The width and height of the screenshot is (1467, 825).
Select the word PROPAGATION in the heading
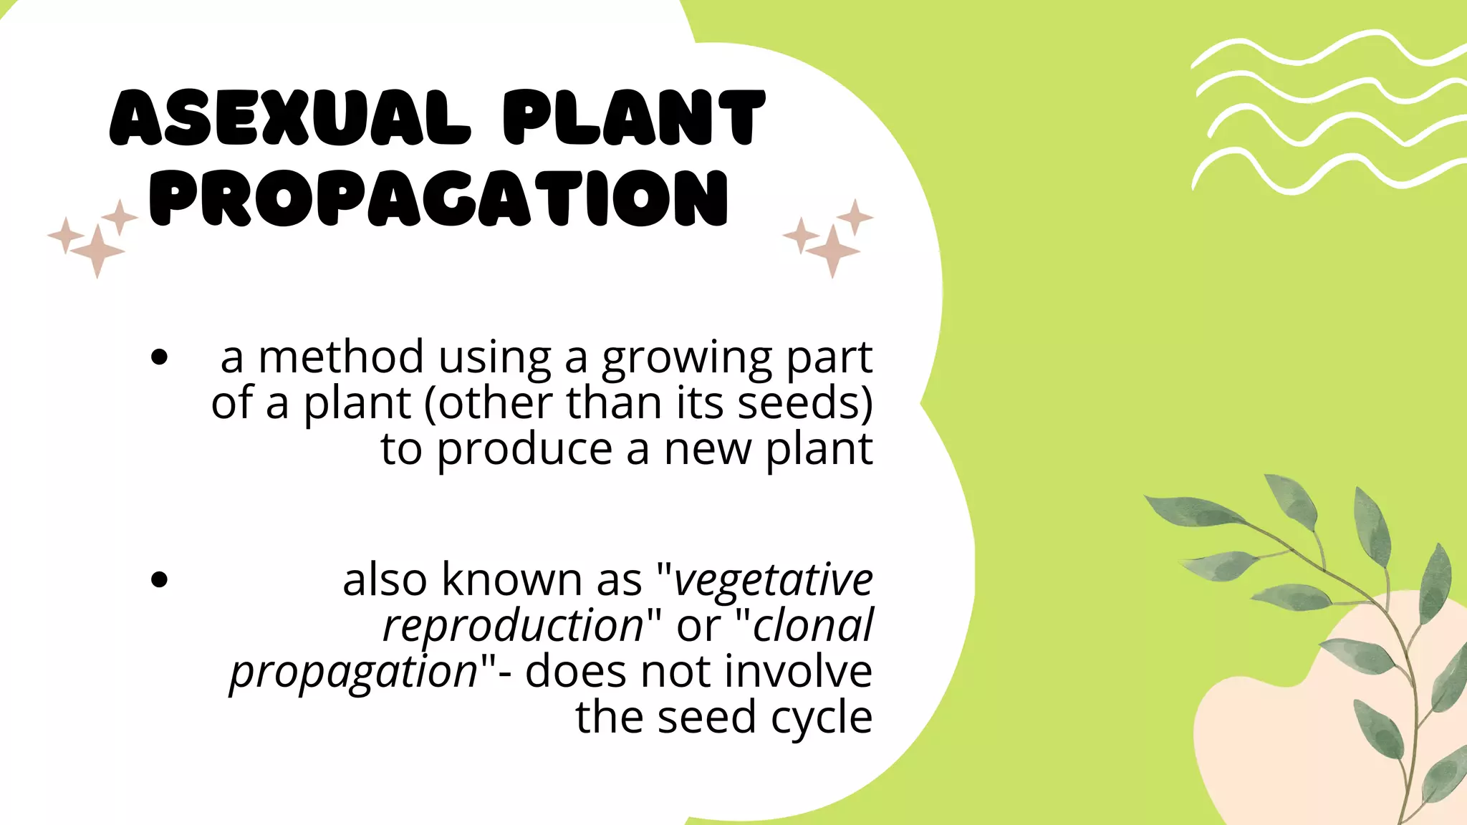point(439,198)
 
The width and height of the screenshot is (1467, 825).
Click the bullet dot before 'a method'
point(159,357)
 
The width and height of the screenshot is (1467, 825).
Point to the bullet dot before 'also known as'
point(159,579)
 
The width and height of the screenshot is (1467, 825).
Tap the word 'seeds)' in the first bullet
point(805,402)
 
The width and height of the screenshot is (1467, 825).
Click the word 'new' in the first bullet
point(708,450)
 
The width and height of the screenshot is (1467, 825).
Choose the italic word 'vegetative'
point(774,580)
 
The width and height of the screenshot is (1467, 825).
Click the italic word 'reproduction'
point(514,626)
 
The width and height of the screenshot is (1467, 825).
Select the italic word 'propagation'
point(354,672)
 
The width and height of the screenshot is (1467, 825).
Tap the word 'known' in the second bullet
point(511,579)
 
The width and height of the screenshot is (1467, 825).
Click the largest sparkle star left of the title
point(97,251)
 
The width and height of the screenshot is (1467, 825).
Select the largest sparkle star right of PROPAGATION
point(832,251)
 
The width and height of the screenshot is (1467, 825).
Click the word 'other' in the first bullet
point(497,402)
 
